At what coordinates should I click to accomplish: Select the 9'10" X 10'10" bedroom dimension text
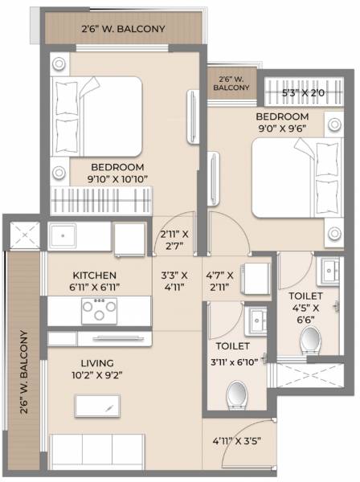117,179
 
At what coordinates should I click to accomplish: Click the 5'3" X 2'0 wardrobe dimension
303,93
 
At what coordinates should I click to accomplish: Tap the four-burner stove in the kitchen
99,309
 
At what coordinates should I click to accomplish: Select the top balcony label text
123,30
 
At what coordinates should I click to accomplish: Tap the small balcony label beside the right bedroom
231,84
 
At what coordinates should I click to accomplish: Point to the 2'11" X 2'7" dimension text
174,240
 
